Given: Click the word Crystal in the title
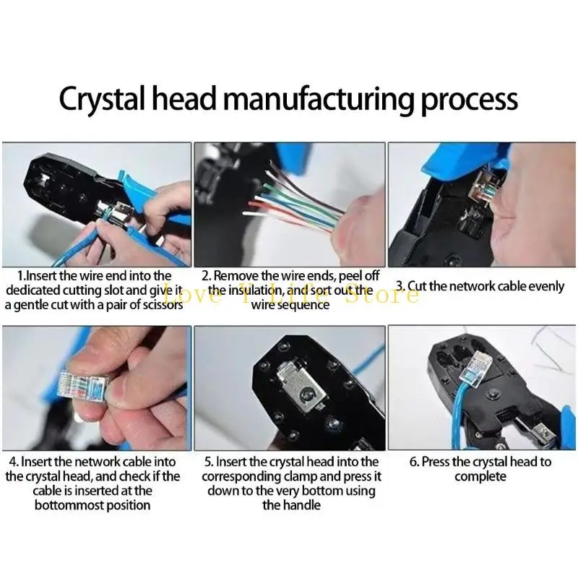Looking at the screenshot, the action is tap(100, 100).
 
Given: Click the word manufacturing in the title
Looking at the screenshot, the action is tap(319, 99).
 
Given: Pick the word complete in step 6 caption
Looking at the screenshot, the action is tap(480, 477).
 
